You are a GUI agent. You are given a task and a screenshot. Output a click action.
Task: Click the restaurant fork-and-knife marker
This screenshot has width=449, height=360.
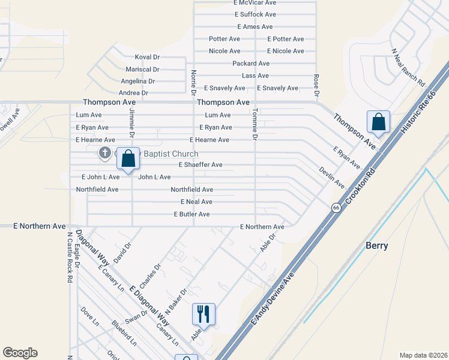203,314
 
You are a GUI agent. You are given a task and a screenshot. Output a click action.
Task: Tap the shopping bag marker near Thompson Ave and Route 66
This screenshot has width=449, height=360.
378,122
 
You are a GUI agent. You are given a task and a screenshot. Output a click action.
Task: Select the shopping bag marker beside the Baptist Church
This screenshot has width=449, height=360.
128,159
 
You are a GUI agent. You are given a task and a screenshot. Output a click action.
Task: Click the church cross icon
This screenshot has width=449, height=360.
105,154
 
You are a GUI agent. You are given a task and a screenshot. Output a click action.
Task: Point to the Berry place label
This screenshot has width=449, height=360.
377,245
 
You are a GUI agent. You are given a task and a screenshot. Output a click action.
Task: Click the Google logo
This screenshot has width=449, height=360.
20,353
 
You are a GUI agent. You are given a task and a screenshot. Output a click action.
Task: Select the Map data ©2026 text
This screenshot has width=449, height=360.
423,355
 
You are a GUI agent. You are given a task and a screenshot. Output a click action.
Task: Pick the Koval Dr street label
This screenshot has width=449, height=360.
147,57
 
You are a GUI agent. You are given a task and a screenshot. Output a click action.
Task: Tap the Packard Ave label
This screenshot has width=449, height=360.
251,64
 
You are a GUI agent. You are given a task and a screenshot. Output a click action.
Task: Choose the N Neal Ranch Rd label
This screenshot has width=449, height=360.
408,67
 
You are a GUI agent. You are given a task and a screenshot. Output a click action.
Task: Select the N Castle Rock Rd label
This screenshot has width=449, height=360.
70,257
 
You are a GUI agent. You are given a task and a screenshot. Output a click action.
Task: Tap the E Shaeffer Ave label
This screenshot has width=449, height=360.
200,164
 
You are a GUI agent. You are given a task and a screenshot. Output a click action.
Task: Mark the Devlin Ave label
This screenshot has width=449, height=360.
331,177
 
